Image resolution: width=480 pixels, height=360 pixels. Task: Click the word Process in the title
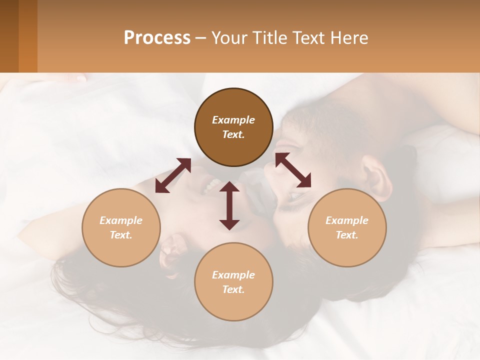pos(157,38)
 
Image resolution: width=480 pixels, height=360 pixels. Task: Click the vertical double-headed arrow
pos(229,206)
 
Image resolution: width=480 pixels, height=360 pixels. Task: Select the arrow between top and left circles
pos(173,175)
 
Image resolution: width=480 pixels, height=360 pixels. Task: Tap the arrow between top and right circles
pos(293,170)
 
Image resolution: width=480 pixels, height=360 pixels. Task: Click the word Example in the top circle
pos(233,120)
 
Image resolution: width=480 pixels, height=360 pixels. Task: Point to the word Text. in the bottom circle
pos(233,289)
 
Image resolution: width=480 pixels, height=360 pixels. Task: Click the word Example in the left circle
pos(121,220)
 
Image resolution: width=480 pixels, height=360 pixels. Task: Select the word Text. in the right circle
pos(347,235)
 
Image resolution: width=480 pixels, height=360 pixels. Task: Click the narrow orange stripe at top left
pos(28,36)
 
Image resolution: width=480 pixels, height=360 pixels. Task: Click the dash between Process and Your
pos(200,38)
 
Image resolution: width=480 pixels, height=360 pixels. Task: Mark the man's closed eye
pos(295,196)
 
